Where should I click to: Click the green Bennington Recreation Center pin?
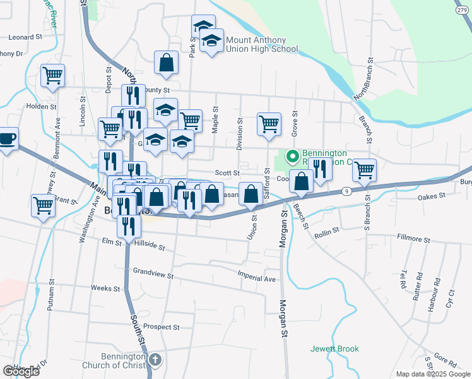(292, 155)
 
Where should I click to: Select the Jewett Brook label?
(334, 349)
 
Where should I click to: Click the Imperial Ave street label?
(257, 279)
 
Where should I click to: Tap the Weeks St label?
(105, 288)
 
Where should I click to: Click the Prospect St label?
(161, 327)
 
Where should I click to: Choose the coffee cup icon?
(6, 138)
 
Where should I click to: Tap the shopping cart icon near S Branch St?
(364, 169)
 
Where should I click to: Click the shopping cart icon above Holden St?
(52, 75)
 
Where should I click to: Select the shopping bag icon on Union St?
(251, 195)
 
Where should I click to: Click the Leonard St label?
(25, 37)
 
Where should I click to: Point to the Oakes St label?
(432, 197)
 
